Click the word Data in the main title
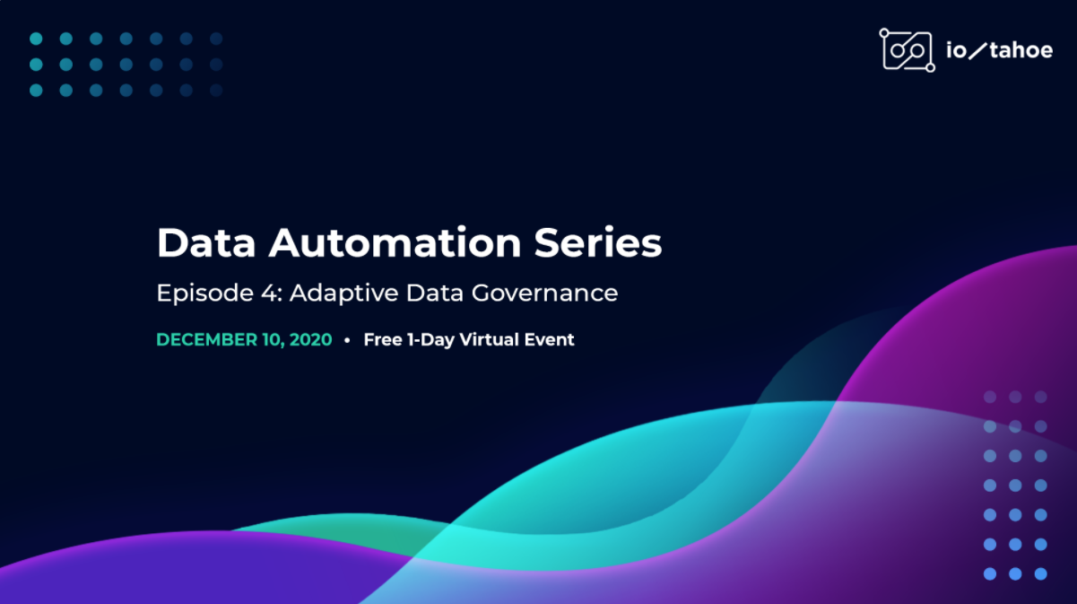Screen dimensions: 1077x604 click(206, 242)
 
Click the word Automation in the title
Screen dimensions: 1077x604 click(395, 242)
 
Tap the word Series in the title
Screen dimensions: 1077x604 click(598, 242)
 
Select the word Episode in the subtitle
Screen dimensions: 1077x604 click(205, 293)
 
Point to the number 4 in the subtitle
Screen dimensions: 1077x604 click(269, 293)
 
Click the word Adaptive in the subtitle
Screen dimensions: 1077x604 click(343, 293)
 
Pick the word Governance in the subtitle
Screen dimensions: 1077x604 click(544, 293)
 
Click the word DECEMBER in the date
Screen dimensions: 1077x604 click(207, 340)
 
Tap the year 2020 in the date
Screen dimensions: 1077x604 click(310, 340)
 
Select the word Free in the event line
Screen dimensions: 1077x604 click(383, 340)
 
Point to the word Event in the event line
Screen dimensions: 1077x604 click(549, 340)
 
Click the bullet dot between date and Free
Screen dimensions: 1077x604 click(347, 340)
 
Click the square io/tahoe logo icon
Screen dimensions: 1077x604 click(908, 50)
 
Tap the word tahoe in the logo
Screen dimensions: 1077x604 click(1021, 50)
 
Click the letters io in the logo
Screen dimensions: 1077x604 click(956, 50)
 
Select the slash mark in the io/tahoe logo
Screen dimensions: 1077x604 click(977, 50)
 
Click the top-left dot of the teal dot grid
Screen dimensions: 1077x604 click(36, 39)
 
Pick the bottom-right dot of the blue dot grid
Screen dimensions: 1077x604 click(1040, 573)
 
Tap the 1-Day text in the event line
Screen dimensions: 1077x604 click(430, 340)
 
